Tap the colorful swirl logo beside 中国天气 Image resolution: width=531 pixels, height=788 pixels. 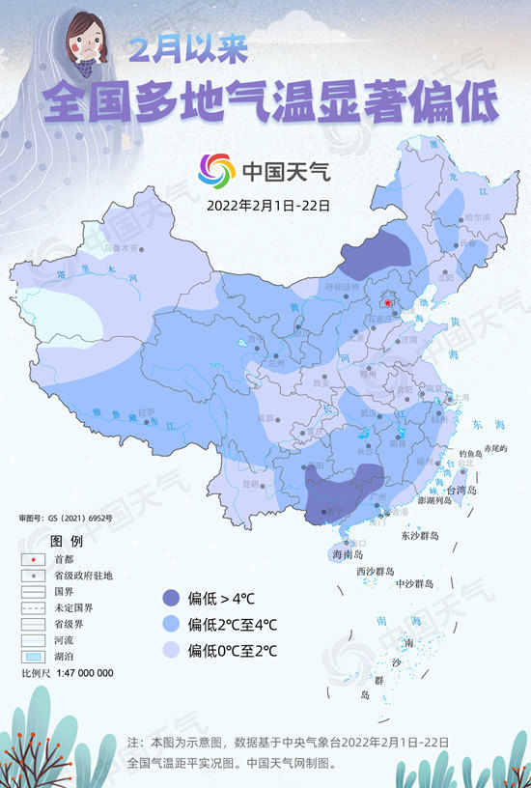coord(216,171)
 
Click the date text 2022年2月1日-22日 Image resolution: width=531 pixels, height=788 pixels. coord(267,205)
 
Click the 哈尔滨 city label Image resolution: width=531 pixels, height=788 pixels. coord(477,217)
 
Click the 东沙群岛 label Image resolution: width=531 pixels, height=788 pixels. coord(419,535)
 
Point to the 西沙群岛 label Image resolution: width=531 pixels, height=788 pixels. coord(377,571)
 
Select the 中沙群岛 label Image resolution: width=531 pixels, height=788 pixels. coord(415,584)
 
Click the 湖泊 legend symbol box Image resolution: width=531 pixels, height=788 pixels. coord(34,657)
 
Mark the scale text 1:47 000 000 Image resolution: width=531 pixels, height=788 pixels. coord(80,673)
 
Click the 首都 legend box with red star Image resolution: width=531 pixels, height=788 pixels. coord(34,558)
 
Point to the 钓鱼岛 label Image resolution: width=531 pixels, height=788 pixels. coord(470,452)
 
